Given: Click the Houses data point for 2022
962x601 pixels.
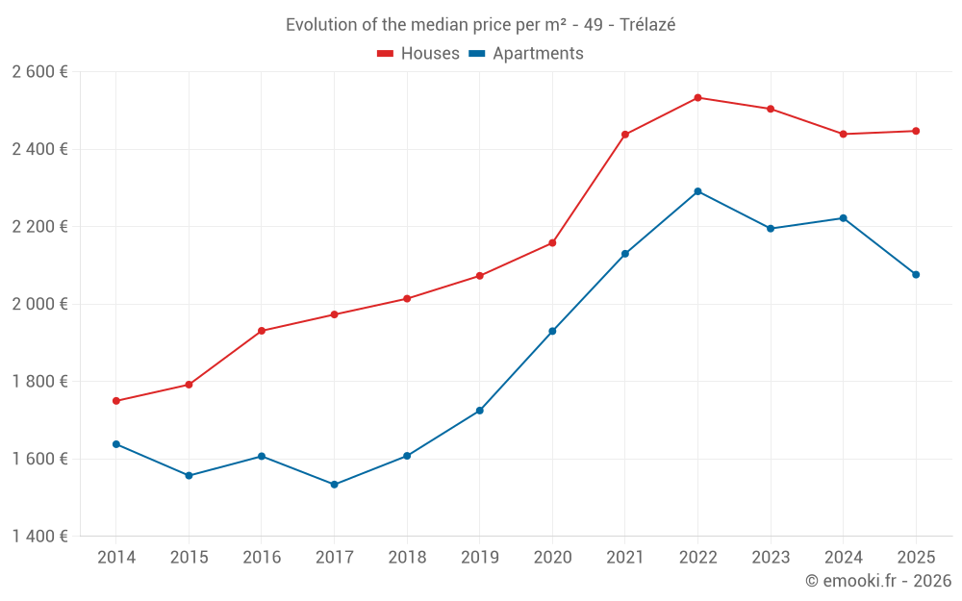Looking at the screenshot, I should coord(697,97).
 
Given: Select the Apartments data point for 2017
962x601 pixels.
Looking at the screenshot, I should coord(334,485).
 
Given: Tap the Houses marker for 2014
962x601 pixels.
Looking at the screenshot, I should coord(115,401).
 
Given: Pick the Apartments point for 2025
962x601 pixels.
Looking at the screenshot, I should coord(916,275).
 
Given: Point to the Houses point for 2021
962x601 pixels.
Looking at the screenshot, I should coord(625,135).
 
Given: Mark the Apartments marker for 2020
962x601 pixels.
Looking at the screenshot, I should coord(552,331).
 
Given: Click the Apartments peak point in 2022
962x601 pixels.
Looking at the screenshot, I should coord(697,191).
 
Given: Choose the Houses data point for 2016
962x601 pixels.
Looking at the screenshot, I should coord(262,331).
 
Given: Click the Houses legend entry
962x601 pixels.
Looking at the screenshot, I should coord(418,54).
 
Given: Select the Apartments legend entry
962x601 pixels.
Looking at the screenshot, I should coord(526,54).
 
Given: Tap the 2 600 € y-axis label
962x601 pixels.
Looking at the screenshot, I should coord(40,72).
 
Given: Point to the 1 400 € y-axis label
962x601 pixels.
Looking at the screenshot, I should coord(40,537).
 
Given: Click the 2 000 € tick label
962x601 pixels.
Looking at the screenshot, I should coord(40,304).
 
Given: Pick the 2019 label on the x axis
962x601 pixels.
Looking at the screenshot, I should coord(479,558).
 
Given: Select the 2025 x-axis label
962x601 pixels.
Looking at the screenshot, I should coord(916,558).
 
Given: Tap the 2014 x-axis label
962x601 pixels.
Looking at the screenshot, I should coord(116,558).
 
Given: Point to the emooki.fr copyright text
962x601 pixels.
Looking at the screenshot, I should coord(877,581).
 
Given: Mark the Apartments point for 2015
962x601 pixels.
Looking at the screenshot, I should coord(189,475).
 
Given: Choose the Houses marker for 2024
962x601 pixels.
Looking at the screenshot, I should coord(843,134).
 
